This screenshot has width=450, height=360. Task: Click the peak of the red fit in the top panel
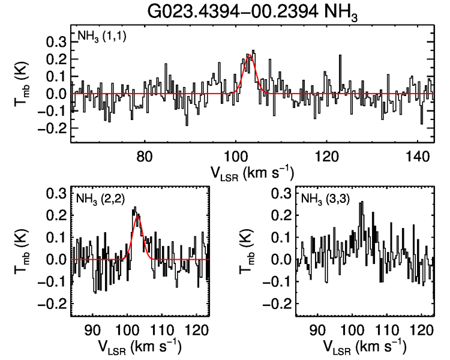click(250, 55)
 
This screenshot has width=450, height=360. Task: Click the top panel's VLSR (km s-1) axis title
click(252, 172)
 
